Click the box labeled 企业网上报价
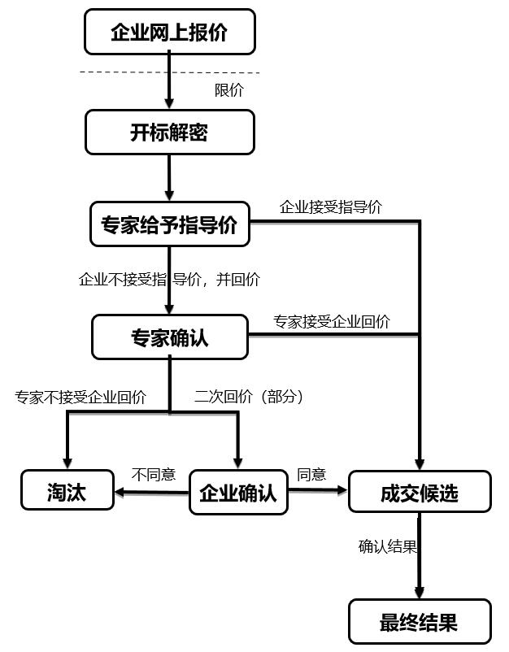(169, 33)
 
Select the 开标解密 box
(169, 133)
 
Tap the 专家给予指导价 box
(169, 224)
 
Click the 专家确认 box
(169, 337)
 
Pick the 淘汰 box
(67, 491)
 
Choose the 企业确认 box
(238, 492)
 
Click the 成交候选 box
(420, 492)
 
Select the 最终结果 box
(420, 622)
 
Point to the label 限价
(228, 90)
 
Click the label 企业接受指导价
(330, 207)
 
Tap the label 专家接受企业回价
(331, 321)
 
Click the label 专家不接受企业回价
(80, 398)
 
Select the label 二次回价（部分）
(248, 398)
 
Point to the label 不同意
(154, 475)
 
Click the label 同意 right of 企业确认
(311, 475)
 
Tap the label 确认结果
(387, 546)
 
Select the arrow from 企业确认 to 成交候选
(318, 491)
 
